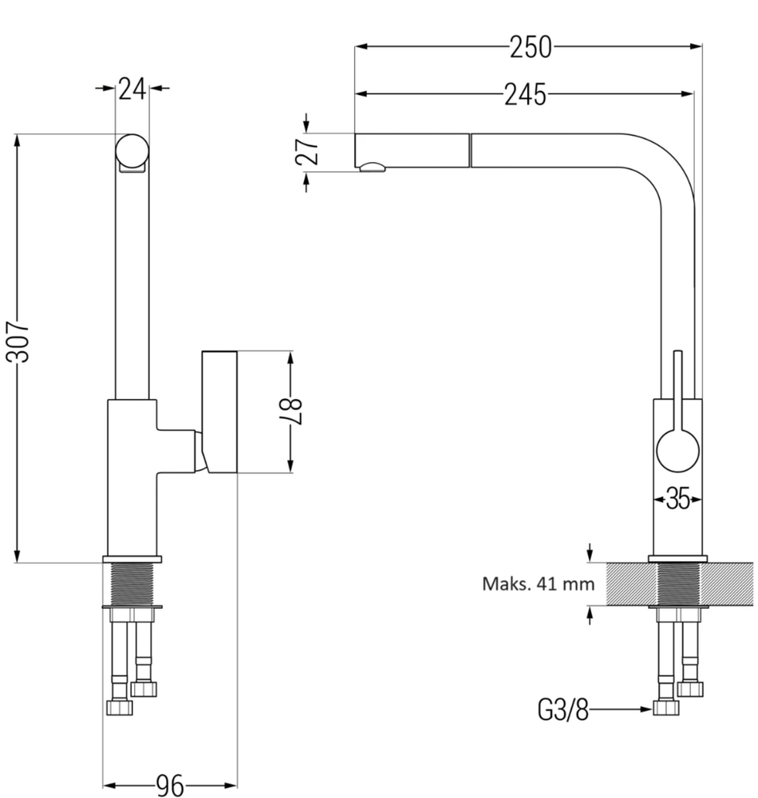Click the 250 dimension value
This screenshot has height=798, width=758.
pos(531,47)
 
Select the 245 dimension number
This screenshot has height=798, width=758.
pos(525,95)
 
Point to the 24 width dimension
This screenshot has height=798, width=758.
pos(132,89)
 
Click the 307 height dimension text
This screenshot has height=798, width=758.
pos(18,342)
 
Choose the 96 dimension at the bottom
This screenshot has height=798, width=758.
pos(170,785)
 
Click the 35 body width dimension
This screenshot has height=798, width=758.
pos(677,498)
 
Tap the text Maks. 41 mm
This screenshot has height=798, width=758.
pos(539,583)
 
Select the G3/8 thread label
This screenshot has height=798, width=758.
pos(563,709)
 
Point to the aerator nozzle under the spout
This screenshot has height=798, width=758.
pos(373,168)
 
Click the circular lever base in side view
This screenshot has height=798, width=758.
pos(678,451)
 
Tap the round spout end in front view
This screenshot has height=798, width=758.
pos(132,151)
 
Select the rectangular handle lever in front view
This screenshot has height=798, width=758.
pos(219,412)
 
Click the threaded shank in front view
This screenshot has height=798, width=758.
pos(132,584)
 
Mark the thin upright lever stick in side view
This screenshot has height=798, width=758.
pos(677,390)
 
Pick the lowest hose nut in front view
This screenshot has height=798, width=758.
pos(120,707)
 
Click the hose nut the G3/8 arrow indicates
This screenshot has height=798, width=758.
pos(666,707)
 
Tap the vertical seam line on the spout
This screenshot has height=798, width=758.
pos(471,151)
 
